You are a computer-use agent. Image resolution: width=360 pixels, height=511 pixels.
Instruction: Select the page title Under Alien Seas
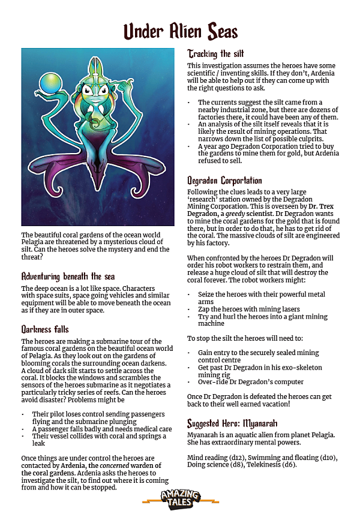pyautogui.click(x=181, y=31)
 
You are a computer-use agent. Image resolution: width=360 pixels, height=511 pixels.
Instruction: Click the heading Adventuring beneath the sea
pyautogui.click(x=68, y=276)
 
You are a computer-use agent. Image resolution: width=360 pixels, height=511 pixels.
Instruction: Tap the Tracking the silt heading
pyautogui.click(x=215, y=53)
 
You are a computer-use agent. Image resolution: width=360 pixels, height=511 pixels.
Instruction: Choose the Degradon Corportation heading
pyautogui.click(x=224, y=181)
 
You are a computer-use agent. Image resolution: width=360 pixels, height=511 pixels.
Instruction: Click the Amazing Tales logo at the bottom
pyautogui.click(x=179, y=496)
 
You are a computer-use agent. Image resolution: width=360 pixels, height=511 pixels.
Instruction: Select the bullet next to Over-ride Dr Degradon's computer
pyautogui.click(x=190, y=383)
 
